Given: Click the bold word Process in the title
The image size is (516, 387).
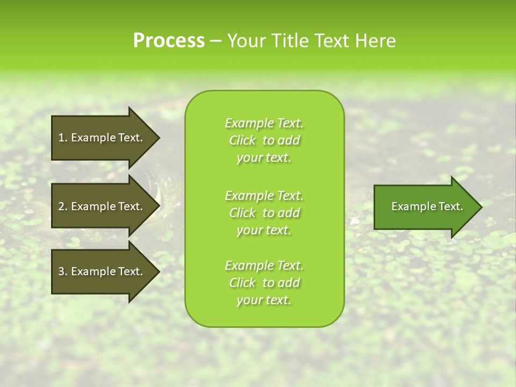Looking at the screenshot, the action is tap(169, 41).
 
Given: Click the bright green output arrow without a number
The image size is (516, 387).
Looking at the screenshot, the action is tap(425, 206).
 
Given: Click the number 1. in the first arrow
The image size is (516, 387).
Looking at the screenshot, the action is tap(63, 138).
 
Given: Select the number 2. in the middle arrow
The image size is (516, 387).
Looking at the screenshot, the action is tap(63, 206).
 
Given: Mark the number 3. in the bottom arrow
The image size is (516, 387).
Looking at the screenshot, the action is tap(63, 271).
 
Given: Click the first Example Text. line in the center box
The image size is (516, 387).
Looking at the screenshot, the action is tap(264, 123).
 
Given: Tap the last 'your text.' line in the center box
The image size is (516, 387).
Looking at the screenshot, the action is tap(264, 300).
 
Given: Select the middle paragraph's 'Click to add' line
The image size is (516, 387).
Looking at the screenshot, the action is tap(264, 213).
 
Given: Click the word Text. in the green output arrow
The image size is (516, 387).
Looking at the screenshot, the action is tap(450, 206).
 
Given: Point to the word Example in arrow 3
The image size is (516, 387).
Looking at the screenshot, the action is tap(93, 271).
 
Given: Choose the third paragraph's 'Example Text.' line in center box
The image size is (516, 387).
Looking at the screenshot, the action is tap(264, 266).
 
